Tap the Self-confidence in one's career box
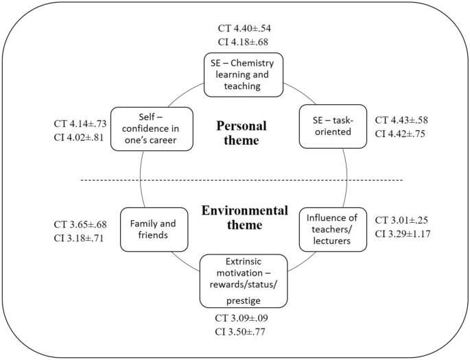click(151, 128)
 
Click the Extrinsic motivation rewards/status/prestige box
click(243, 280)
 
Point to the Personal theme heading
click(242, 134)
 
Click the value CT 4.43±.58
click(401, 120)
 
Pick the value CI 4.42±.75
click(401, 134)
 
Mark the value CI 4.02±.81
click(80, 139)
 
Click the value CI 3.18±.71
click(80, 238)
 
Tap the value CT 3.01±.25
click(401, 220)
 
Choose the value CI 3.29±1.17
click(404, 235)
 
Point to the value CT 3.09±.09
click(242, 320)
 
